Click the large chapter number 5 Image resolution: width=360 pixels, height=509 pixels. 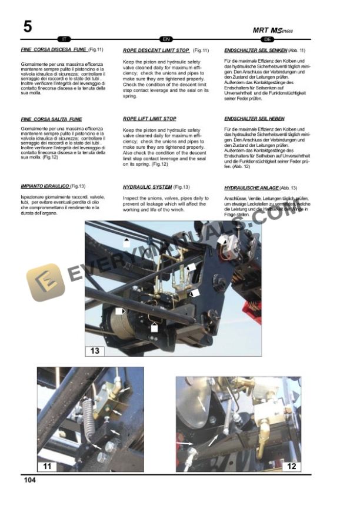tap(28, 26)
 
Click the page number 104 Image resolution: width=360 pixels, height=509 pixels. tap(31, 480)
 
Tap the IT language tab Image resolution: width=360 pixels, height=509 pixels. tap(65, 39)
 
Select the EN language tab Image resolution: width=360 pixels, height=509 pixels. tap(166, 39)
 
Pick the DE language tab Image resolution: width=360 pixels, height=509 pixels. tap(268, 39)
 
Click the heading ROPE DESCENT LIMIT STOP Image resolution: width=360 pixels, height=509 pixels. tap(156, 51)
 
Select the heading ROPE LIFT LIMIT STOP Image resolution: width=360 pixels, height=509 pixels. tap(149, 119)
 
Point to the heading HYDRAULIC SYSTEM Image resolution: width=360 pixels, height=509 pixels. tap(147, 187)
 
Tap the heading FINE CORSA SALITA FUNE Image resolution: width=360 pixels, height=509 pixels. tap(51, 119)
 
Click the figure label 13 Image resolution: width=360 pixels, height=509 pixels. tap(95, 351)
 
